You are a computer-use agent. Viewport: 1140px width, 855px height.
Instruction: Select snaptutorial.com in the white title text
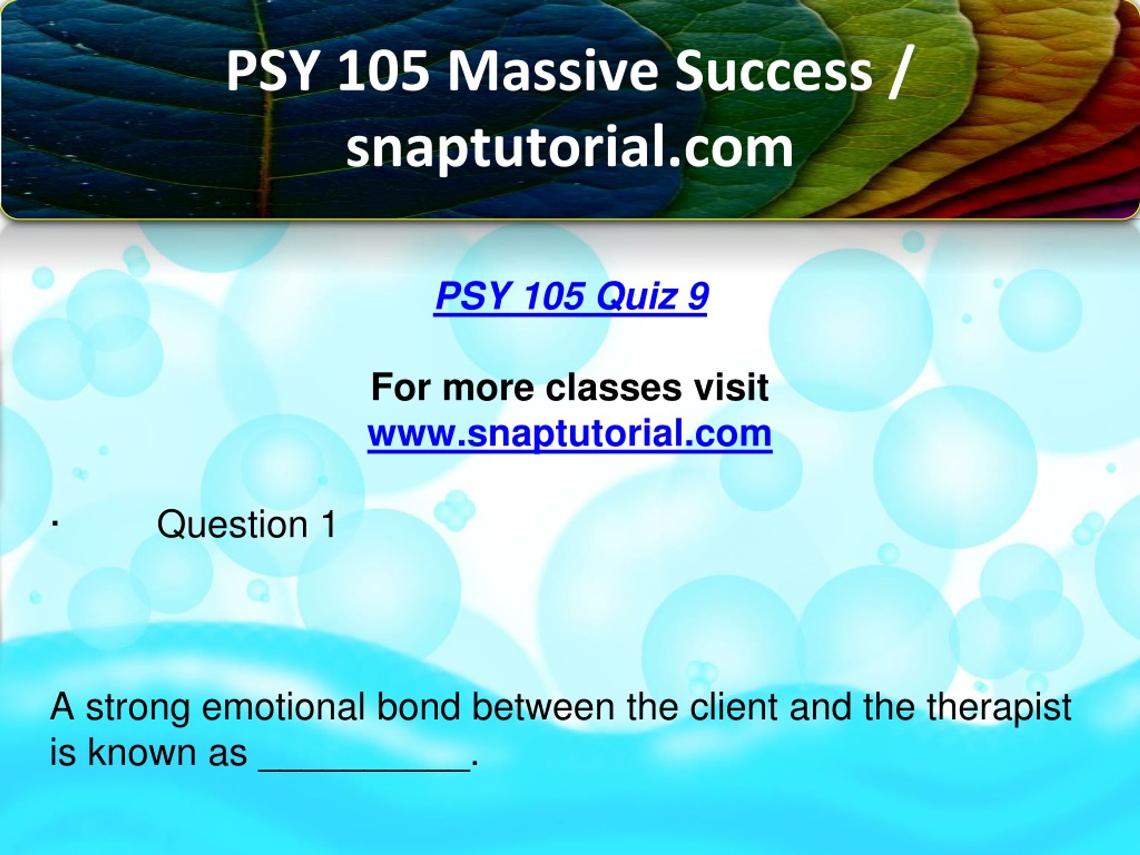570,148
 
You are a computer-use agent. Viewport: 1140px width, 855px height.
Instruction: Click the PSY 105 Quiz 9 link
571,297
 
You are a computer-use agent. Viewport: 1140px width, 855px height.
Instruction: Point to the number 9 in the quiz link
698,296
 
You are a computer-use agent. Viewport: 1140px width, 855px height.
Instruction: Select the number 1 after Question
328,525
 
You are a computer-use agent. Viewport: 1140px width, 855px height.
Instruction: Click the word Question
232,525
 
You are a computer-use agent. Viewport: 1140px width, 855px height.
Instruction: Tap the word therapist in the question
1000,708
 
